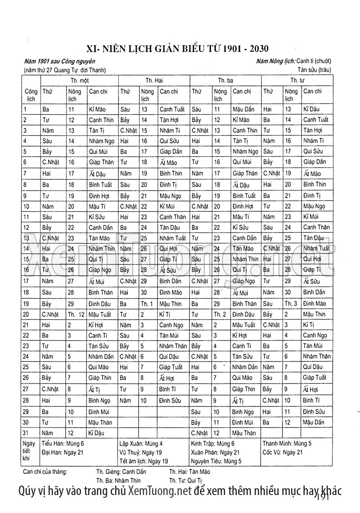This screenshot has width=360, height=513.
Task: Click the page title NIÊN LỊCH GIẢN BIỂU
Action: [180, 48]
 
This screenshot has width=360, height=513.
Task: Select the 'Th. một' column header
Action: [79, 80]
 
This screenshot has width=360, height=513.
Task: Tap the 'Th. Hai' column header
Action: [154, 80]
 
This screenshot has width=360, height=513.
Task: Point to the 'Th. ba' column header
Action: [225, 80]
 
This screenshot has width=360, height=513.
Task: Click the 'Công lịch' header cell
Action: [31, 94]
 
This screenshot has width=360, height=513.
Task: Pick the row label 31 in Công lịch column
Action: [26, 433]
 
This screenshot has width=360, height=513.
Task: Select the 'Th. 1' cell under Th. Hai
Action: [147, 303]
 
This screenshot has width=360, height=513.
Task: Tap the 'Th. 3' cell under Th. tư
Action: [291, 303]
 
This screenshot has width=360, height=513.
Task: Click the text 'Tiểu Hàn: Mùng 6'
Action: [63, 443]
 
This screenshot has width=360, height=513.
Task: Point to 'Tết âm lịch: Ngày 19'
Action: [144, 461]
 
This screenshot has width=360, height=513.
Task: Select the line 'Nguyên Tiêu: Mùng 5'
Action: [216, 461]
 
